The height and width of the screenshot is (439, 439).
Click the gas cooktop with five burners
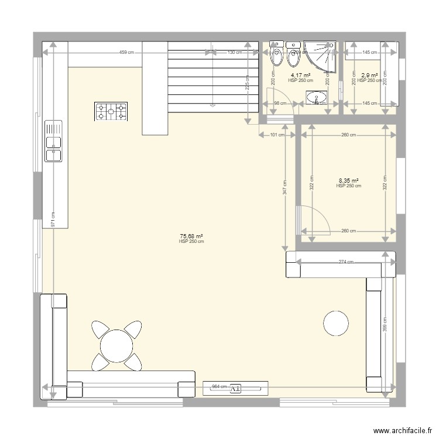111,111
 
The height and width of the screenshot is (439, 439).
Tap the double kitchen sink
53,141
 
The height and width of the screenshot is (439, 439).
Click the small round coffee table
336,323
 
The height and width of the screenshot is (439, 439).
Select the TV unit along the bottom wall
235,387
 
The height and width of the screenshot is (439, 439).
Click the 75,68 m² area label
191,236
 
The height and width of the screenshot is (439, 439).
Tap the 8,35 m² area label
348,181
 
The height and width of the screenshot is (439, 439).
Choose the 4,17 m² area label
300,76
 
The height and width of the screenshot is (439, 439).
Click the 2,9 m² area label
369,76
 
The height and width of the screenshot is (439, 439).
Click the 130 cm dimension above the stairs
234,53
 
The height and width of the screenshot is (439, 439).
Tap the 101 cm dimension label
277,135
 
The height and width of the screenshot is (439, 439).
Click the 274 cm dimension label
346,262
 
